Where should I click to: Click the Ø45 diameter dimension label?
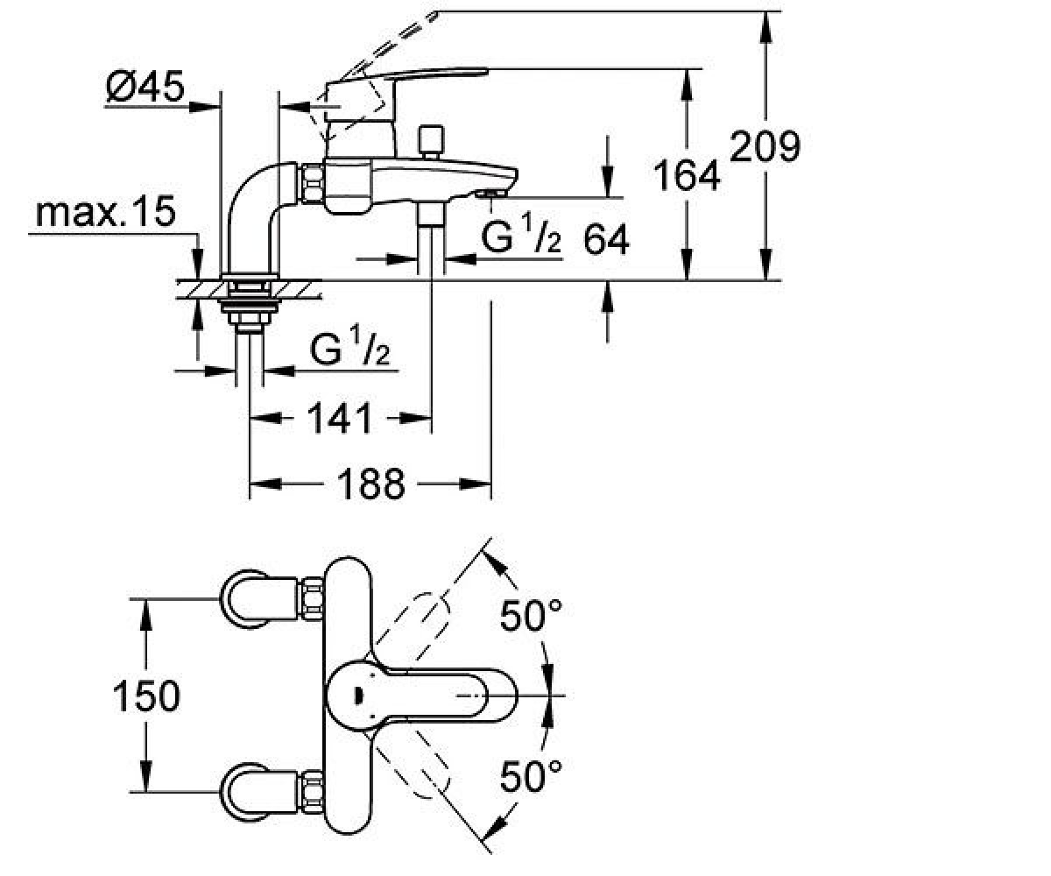point(145,86)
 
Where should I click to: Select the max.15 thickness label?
point(106,211)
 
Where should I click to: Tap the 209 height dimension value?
point(765,146)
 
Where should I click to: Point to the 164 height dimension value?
point(687,175)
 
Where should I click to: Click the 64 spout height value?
point(606,240)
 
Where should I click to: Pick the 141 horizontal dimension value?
point(341,418)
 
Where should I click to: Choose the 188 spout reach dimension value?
point(371,484)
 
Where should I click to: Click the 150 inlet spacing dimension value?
point(146,696)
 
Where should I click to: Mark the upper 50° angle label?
point(531,615)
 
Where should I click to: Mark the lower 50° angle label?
point(531,776)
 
